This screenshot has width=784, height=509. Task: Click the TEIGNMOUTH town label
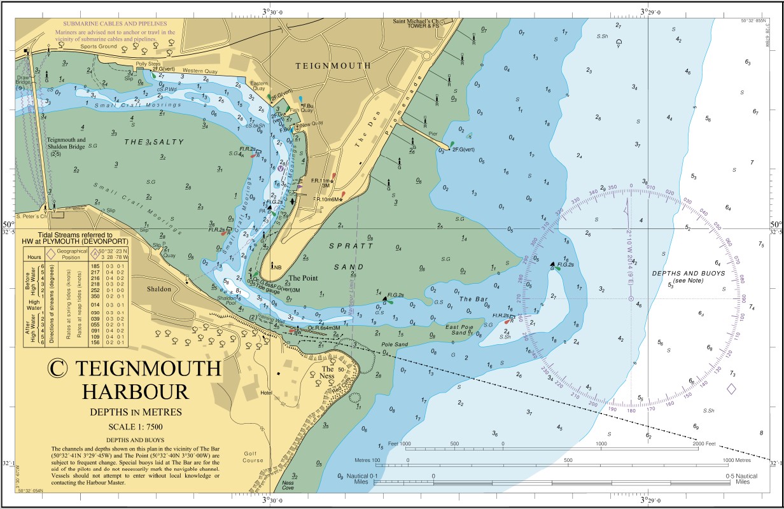point(333,66)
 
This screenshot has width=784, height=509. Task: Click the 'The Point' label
point(304,278)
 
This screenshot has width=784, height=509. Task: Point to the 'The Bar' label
point(473,299)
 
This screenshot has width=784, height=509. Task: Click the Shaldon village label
point(159,289)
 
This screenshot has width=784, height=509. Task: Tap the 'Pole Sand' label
point(395,344)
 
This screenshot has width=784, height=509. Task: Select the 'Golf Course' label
point(253,457)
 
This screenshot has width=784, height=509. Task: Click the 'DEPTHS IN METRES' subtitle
point(136,412)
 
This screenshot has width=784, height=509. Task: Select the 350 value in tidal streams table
point(95,296)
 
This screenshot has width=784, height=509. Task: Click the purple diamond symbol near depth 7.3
point(731,389)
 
